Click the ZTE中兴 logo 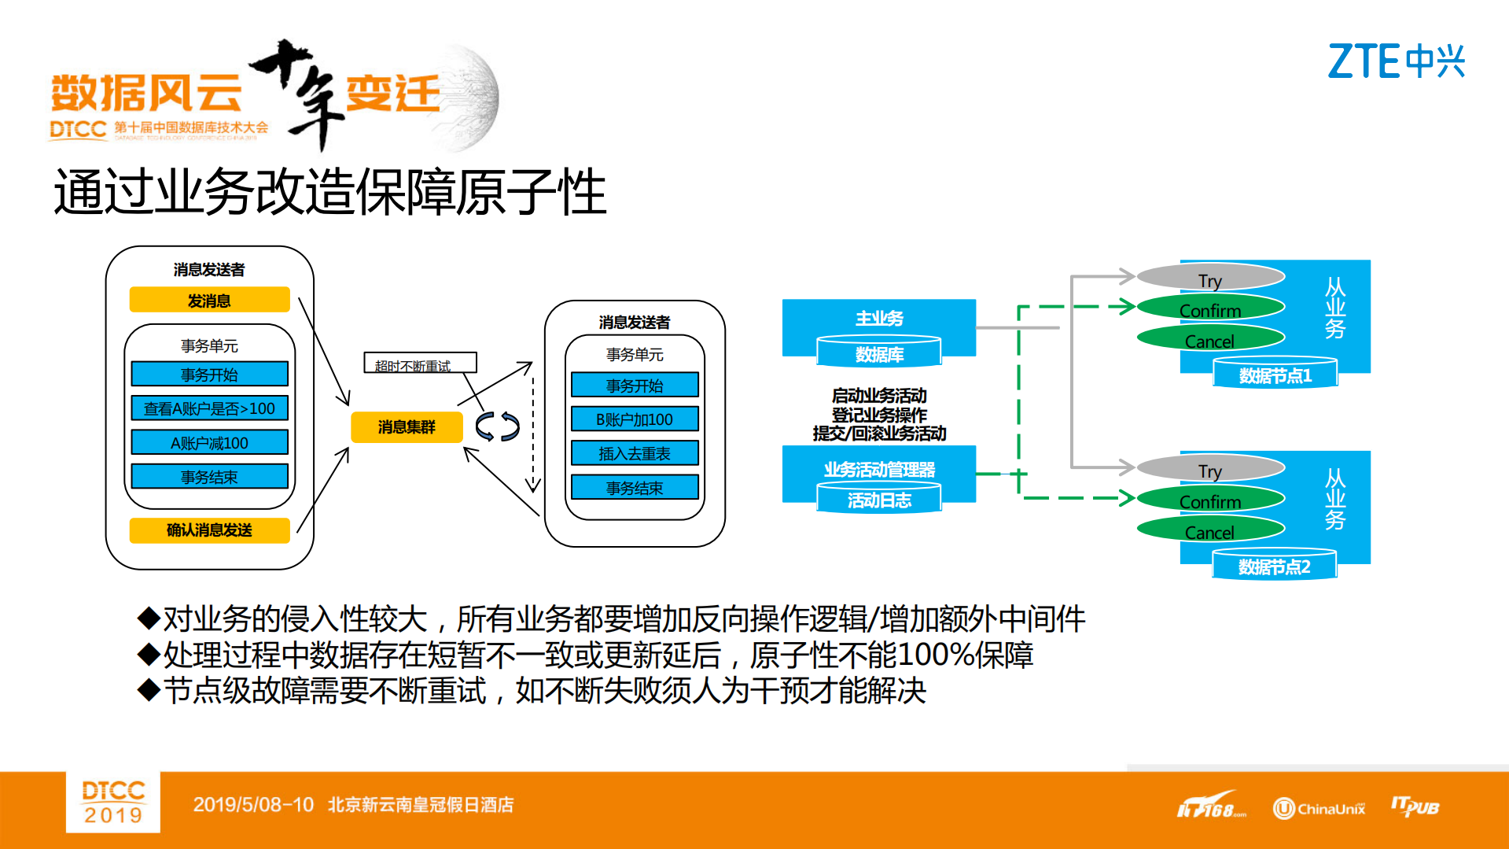coord(1396,61)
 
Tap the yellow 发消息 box coord(209,301)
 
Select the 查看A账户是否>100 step coord(209,408)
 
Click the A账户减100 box coord(209,443)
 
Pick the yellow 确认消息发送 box coord(209,530)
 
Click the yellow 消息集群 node coord(406,426)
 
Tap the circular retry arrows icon coord(498,426)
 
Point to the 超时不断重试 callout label coord(419,364)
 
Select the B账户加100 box coord(635,419)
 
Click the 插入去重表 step coord(635,453)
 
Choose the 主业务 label coord(879,318)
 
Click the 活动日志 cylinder coord(879,500)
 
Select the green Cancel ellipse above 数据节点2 coord(1210,532)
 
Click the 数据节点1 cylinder coord(1275,375)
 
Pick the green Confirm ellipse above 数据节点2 coord(1210,501)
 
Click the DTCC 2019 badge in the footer coord(113,802)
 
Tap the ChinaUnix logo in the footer coord(1319,808)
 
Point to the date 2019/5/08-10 coord(253,805)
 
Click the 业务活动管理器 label coord(879,470)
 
